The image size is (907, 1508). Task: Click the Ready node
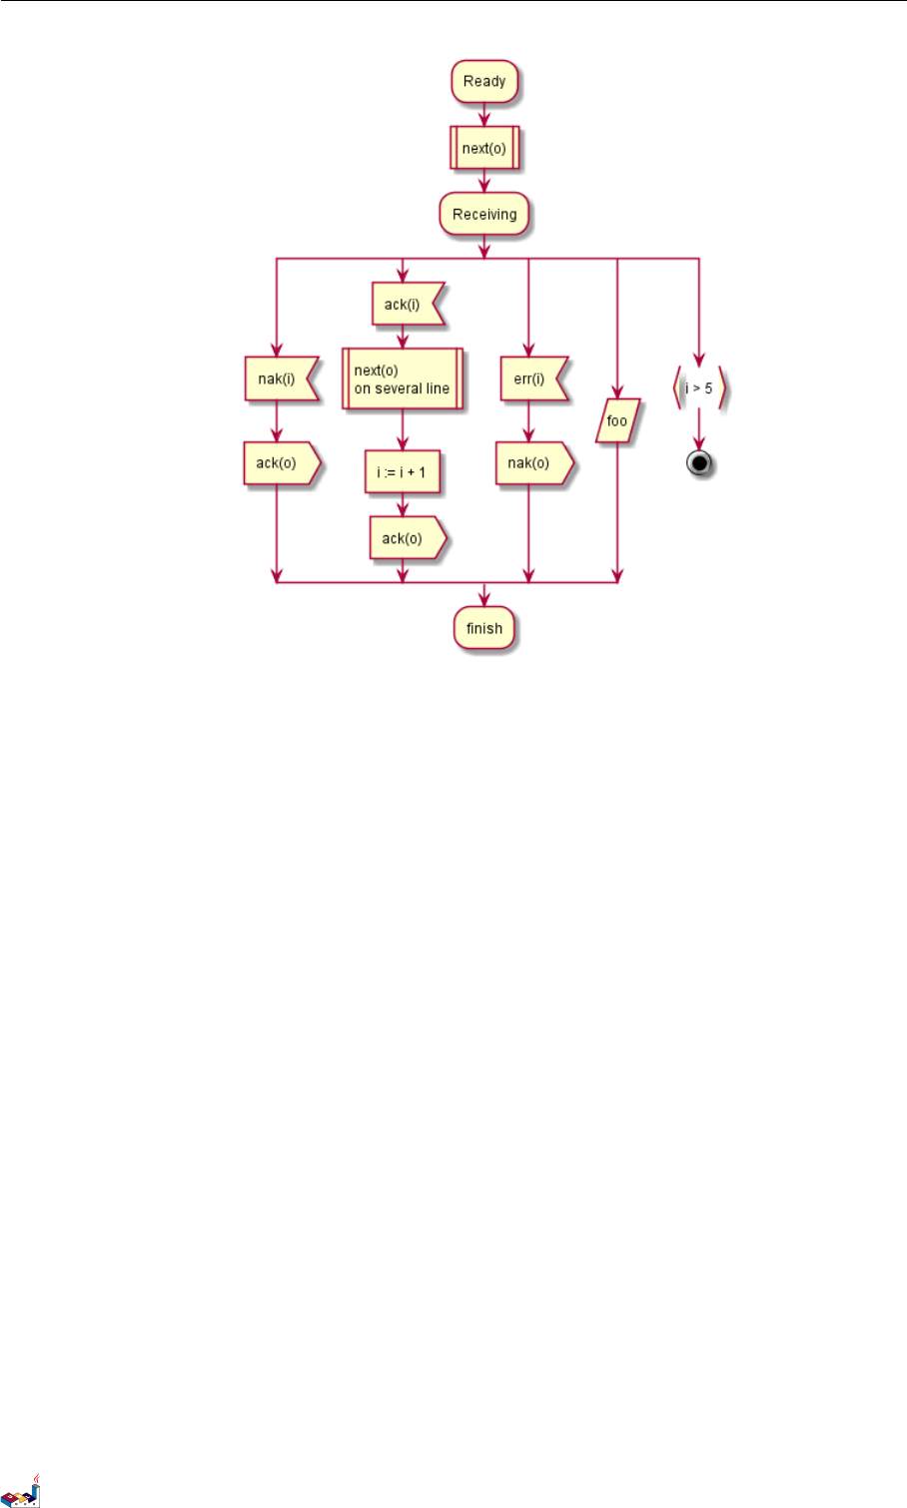(x=484, y=82)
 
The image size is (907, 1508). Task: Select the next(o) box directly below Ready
(x=484, y=149)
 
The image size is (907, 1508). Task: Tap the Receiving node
(x=484, y=215)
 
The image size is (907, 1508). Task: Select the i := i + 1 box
(x=403, y=472)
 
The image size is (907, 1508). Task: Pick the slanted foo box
(x=617, y=421)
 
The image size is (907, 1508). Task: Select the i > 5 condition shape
(x=699, y=388)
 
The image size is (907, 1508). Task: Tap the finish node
(x=484, y=629)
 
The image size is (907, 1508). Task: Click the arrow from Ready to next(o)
(x=484, y=114)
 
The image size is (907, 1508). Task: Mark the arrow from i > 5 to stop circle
(x=699, y=430)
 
